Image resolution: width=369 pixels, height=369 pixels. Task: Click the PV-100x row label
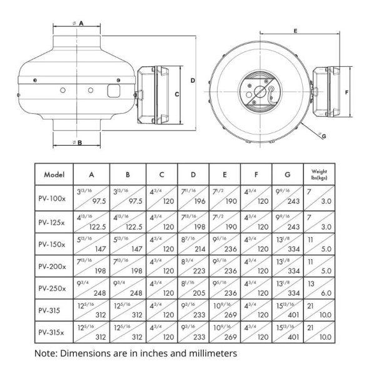pyautogui.click(x=53, y=198)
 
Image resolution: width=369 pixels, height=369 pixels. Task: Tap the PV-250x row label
pyautogui.click(x=53, y=290)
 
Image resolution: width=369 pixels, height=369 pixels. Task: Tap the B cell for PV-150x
pyautogui.click(x=128, y=244)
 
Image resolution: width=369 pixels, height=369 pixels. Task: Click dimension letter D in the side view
pyautogui.click(x=193, y=81)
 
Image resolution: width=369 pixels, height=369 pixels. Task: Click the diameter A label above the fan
pyautogui.click(x=80, y=23)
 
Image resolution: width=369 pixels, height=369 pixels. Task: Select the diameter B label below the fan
pyautogui.click(x=79, y=143)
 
